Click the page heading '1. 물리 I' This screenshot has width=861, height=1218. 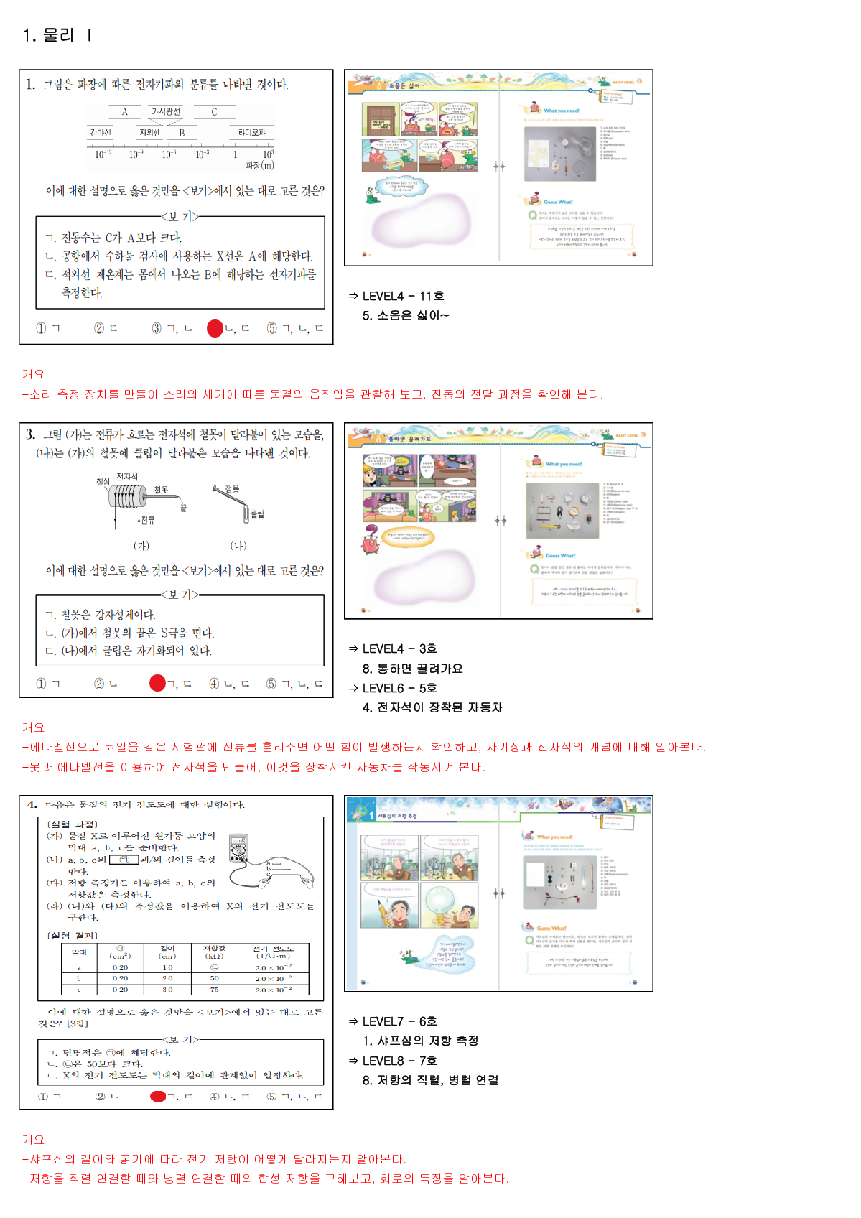pyautogui.click(x=57, y=35)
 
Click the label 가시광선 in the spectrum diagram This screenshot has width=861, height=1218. pyautogui.click(x=166, y=111)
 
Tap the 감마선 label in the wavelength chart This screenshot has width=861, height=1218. pyautogui.click(x=101, y=133)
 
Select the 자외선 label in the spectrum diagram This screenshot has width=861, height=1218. pyautogui.click(x=149, y=133)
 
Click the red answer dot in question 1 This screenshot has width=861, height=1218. pyautogui.click(x=215, y=328)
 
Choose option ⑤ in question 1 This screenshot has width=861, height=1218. pyautogui.click(x=272, y=328)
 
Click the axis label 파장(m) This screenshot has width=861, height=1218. pyautogui.click(x=259, y=166)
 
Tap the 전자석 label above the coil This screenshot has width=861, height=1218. pyautogui.click(x=127, y=477)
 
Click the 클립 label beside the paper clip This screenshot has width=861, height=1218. pyautogui.click(x=257, y=514)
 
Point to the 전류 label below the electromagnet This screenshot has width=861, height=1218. pyautogui.click(x=148, y=520)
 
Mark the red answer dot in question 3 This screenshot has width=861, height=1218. pyautogui.click(x=157, y=683)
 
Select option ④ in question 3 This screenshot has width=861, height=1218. pyautogui.click(x=214, y=684)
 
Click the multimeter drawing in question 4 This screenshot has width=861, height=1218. pyautogui.click(x=239, y=848)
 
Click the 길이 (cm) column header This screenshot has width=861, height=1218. pyautogui.click(x=167, y=952)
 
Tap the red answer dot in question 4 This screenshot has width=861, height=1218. pyautogui.click(x=158, y=1097)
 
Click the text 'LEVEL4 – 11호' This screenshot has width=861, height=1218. pyautogui.click(x=403, y=296)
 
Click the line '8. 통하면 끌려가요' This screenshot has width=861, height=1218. pyautogui.click(x=412, y=669)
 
